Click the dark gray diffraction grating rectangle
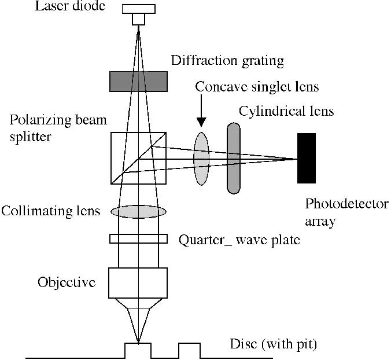click(138, 82)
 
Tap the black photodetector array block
click(307, 158)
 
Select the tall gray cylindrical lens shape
click(234, 158)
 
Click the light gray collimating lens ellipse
click(138, 212)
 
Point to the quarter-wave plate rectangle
click(138, 239)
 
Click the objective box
click(138, 283)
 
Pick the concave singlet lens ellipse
click(201, 159)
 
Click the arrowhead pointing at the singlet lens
click(201, 122)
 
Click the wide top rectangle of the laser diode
click(139, 9)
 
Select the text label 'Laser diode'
click(70, 6)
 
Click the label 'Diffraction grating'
click(227, 61)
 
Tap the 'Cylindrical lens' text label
click(286, 111)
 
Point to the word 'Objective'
click(67, 282)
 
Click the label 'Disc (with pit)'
click(274, 344)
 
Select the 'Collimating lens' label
click(51, 211)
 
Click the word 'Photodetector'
click(347, 204)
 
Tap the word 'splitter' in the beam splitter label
click(31, 137)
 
